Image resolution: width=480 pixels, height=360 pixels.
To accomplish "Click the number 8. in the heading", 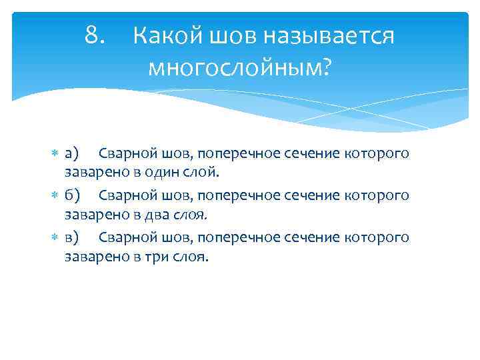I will pyautogui.click(x=95, y=36).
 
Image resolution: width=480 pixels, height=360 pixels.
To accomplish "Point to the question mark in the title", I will pyautogui.click(x=325, y=67).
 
